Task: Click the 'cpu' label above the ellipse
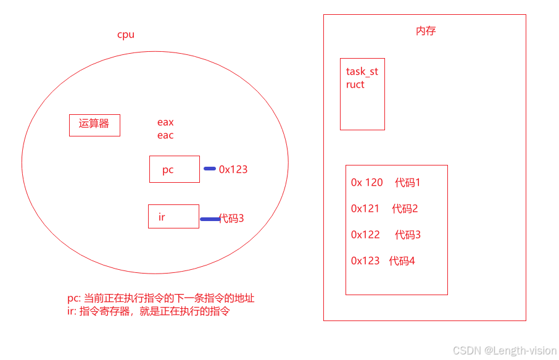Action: pos(126,35)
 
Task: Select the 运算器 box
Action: pos(94,125)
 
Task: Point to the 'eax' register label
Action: pos(165,122)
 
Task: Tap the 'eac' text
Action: pos(165,135)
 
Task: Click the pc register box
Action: pos(175,169)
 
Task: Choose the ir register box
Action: pos(173,216)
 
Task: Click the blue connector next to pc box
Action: pos(210,169)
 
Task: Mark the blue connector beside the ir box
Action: pos(209,219)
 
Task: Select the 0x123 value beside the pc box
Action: pos(233,169)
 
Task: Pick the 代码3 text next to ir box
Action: pos(232,218)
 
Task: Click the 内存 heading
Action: pos(426,31)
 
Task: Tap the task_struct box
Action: pos(362,94)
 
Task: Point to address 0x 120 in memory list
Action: pos(367,183)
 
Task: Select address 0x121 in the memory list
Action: pos(365,209)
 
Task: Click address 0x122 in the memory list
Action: pos(365,235)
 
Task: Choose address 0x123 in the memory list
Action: pos(365,261)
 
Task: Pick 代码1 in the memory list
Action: pos(408,183)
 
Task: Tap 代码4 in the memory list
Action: pos(402,261)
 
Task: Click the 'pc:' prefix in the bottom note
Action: pos(74,298)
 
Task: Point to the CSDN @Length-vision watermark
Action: pos(505,351)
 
